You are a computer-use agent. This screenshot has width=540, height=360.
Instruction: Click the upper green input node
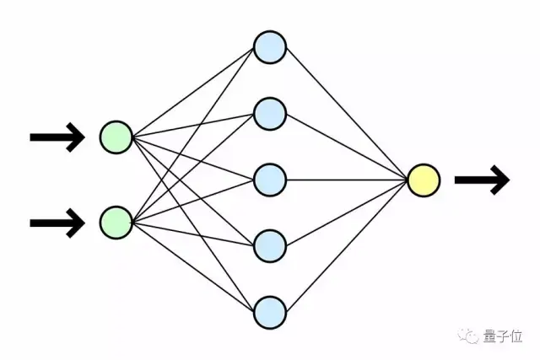pyautogui.click(x=116, y=137)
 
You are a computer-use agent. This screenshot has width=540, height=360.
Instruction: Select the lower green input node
pyautogui.click(x=116, y=222)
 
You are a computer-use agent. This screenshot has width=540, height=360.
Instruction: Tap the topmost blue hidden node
pyautogui.click(x=270, y=47)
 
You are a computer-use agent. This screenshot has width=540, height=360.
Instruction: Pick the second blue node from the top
pyautogui.click(x=270, y=113)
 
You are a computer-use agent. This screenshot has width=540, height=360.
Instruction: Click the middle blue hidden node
pyautogui.click(x=270, y=179)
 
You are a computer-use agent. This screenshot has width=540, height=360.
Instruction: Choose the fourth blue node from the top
pyautogui.click(x=270, y=244)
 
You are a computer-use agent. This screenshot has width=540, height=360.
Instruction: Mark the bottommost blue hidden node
pyautogui.click(x=270, y=310)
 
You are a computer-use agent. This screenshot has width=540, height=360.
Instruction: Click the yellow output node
pyautogui.click(x=424, y=179)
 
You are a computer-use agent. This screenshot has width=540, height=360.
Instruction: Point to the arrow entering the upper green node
pyautogui.click(x=57, y=137)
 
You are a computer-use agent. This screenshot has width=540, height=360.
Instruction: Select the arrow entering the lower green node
pyautogui.click(x=57, y=223)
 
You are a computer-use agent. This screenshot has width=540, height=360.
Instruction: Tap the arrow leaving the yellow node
pyautogui.click(x=482, y=180)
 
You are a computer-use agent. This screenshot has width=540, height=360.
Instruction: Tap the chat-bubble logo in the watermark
pyautogui.click(x=467, y=336)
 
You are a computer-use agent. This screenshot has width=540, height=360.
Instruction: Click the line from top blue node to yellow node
pyautogui.click(x=347, y=113)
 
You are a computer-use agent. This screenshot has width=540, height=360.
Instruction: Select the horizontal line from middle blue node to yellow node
pyautogui.click(x=347, y=179)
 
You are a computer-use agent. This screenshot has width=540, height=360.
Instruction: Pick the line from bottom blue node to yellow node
pyautogui.click(x=347, y=244)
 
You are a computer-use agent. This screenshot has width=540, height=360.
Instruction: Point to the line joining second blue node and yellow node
pyautogui.click(x=347, y=146)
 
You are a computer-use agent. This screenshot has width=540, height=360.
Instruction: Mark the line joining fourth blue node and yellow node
pyautogui.click(x=347, y=212)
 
